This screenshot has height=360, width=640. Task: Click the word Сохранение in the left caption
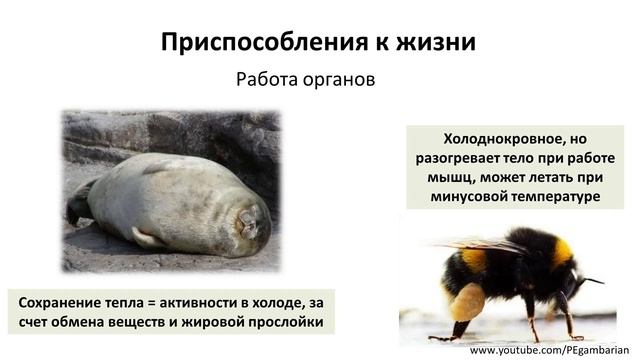pos(63,301)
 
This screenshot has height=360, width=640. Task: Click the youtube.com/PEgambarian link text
pos(554,351)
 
